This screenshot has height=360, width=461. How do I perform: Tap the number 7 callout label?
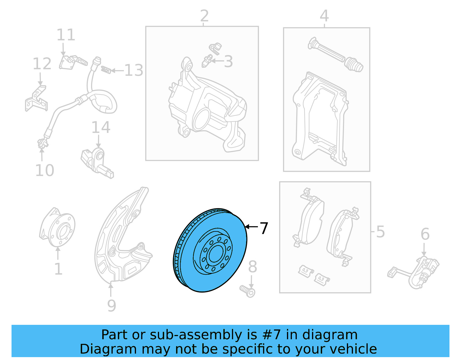(264, 228)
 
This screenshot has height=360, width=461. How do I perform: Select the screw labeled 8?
(248, 291)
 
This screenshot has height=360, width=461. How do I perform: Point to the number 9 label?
(112, 306)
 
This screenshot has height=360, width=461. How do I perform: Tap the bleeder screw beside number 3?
(207, 61)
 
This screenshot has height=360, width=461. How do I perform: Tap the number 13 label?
(134, 70)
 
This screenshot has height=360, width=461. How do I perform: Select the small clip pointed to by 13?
(106, 70)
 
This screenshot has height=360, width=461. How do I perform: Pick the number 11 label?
(66, 35)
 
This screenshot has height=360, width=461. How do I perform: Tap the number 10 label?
(45, 170)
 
